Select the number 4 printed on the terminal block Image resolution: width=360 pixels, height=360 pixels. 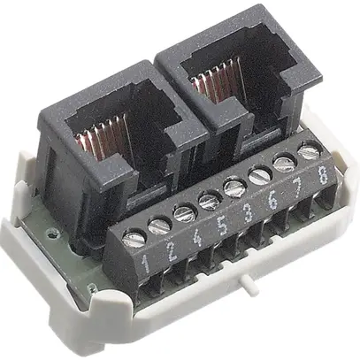[195, 238]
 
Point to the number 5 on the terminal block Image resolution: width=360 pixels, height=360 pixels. [220, 226]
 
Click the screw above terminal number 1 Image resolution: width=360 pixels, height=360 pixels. [134, 236]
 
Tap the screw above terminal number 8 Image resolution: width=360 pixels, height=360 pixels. [308, 152]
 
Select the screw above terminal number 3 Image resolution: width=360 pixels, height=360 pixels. [234, 188]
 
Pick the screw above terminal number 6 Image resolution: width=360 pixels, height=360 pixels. [259, 176]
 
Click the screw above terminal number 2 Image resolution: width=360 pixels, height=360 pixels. [159, 225]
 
